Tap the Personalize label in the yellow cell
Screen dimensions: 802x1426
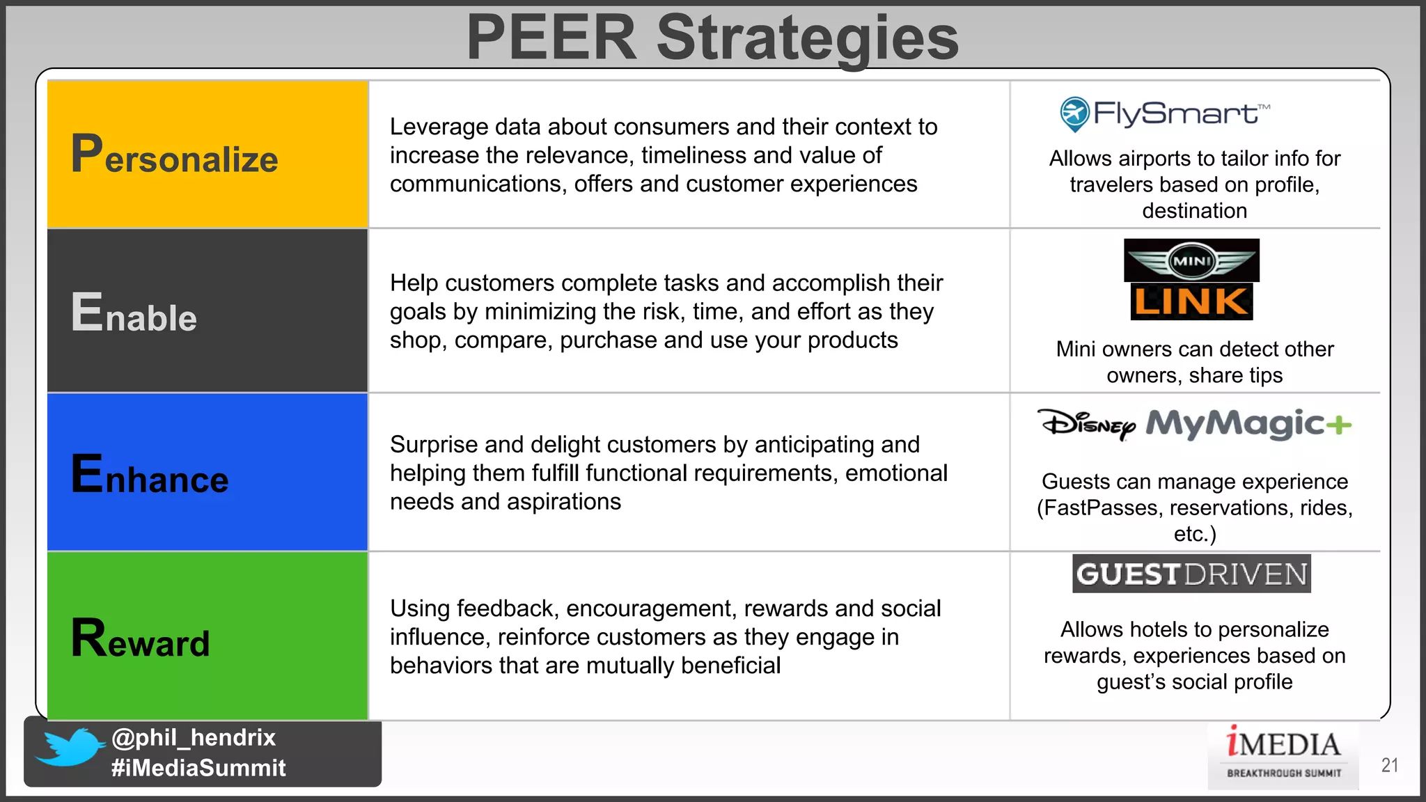[174, 155]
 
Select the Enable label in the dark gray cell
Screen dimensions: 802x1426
[134, 313]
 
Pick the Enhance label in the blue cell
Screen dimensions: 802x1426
[150, 475]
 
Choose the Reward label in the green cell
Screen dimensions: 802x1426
[140, 639]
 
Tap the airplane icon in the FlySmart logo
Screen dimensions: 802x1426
[1074, 113]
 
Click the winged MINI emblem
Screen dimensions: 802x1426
[1191, 261]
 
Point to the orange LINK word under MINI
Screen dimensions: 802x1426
[1191, 302]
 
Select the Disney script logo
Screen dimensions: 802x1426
[1086, 423]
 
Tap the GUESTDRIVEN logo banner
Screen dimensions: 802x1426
[1191, 574]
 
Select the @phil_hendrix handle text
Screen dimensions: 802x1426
[194, 737]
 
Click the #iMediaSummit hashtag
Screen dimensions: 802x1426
[198, 768]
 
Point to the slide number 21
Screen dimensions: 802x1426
[1390, 765]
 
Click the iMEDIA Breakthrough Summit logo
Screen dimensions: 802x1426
[1283, 755]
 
